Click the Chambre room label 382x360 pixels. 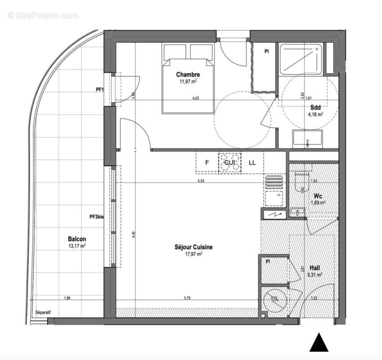[x=188, y=75]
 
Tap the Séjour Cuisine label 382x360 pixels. [x=194, y=247]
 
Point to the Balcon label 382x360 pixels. [x=77, y=239]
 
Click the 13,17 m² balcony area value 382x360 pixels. [x=77, y=246]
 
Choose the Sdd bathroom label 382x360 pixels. [x=315, y=108]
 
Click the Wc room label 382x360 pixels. [x=317, y=196]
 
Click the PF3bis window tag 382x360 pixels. [x=97, y=217]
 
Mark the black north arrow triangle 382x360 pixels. [x=319, y=342]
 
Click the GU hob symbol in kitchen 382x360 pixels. [x=229, y=163]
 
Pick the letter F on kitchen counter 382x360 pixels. [x=207, y=163]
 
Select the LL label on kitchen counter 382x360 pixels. [x=252, y=163]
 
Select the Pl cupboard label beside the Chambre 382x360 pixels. [x=266, y=52]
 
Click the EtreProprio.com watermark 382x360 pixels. [x=43, y=16]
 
